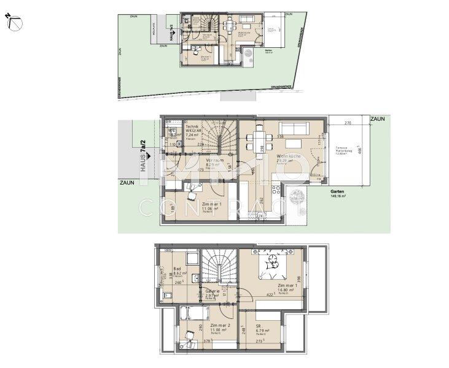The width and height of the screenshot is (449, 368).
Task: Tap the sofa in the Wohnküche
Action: coord(294,128)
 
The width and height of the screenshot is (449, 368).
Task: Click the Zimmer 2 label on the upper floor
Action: coord(218,328)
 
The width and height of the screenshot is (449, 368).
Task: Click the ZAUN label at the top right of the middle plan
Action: coord(377,118)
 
